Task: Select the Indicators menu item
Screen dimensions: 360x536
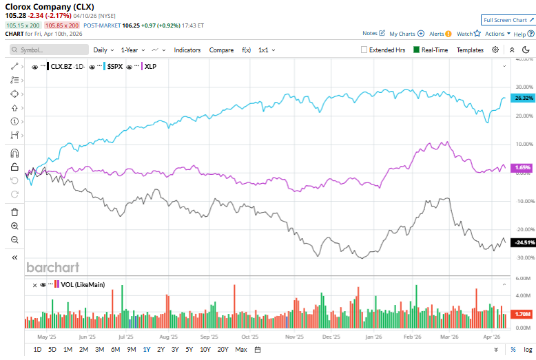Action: [x=187, y=50]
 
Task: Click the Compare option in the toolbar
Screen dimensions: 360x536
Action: [x=221, y=50]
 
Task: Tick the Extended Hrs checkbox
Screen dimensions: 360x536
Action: [x=364, y=50]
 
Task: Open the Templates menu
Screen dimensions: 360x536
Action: [x=470, y=50]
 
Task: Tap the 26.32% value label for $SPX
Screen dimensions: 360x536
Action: [x=524, y=98]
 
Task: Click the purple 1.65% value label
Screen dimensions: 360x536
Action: [x=523, y=167]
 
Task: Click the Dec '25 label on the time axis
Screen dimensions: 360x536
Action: [x=331, y=337]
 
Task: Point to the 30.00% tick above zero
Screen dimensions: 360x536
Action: [x=524, y=87]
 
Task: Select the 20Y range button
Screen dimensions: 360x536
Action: [x=223, y=350]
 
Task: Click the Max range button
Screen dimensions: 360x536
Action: [x=241, y=350]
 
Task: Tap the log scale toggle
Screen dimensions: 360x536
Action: [x=527, y=350]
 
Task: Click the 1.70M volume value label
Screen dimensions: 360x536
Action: [x=524, y=313]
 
